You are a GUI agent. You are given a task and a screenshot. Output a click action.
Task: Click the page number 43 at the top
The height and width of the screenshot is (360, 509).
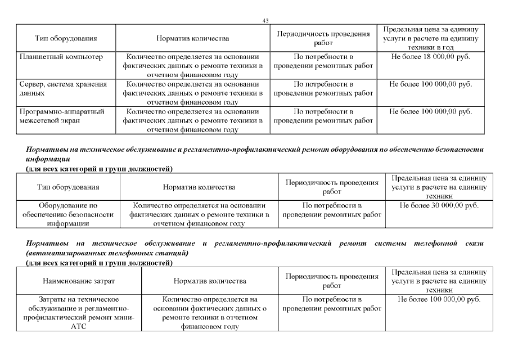coord(266,21)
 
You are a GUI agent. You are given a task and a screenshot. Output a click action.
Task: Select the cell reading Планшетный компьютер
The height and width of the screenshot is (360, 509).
coord(61,57)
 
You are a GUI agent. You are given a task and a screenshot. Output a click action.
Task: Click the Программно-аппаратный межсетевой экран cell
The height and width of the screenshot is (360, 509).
coord(62,116)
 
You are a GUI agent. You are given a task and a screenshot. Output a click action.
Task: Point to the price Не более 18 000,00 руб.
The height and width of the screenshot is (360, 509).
coord(430,57)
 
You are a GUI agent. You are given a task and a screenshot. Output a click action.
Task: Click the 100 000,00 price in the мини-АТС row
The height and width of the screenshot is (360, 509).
coord(439,299)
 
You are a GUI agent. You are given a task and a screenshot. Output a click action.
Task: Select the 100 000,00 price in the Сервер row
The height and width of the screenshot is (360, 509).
coord(430,84)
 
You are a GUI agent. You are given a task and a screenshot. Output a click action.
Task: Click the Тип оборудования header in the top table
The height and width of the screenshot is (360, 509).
coord(66,39)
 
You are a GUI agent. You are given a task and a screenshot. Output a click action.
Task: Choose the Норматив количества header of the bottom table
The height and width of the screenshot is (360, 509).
coord(210,281)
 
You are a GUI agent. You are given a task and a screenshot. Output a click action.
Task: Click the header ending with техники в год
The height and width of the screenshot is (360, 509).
coord(430,39)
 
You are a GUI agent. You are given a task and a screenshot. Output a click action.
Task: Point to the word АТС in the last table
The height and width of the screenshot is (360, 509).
coord(76,326)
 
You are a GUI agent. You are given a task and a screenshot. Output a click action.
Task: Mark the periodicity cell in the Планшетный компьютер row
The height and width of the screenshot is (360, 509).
coord(323,62)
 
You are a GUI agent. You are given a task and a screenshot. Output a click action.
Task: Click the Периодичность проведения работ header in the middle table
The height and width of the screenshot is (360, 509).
coord(332,187)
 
